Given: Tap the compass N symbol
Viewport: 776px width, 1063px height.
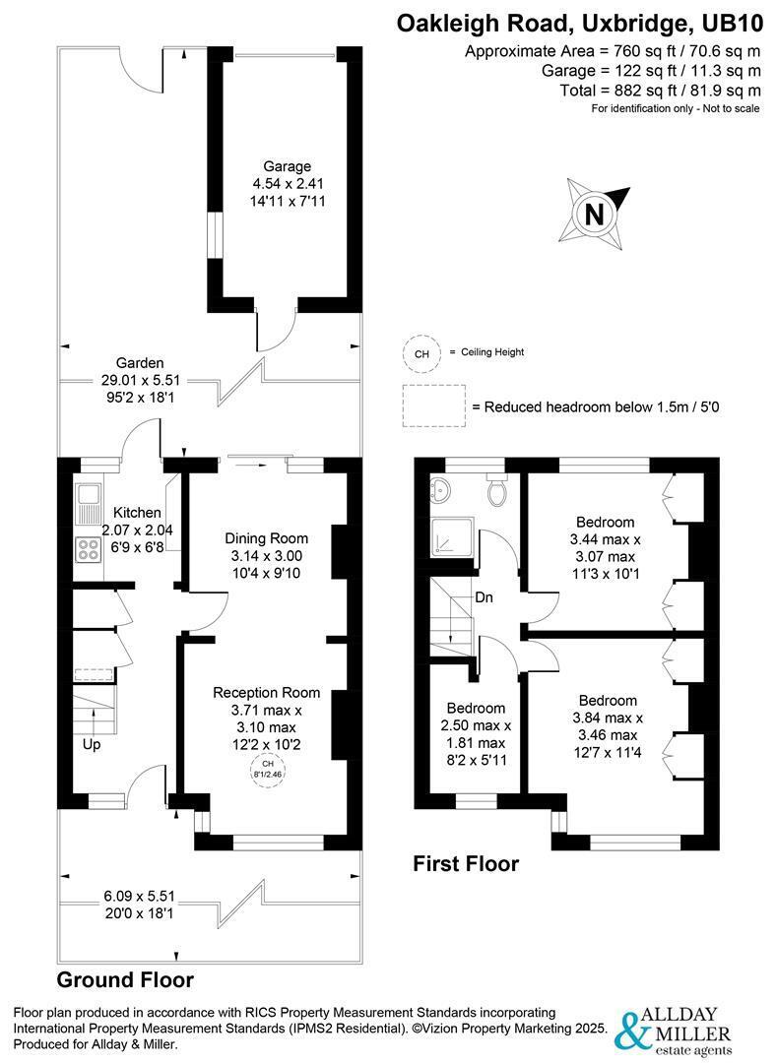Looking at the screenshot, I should coord(594,214).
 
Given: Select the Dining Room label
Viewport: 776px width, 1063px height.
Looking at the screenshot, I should coord(266,538).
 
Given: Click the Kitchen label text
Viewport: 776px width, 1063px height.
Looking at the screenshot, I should coord(137,513).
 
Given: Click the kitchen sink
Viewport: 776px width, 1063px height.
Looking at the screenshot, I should coord(88,503).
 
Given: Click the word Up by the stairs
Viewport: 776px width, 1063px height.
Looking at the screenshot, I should coord(91,745).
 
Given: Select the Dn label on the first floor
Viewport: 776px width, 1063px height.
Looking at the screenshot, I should coord(484,597).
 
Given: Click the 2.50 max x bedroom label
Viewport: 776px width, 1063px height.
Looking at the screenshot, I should coord(477,725).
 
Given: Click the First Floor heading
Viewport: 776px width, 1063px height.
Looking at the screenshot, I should coord(466,864).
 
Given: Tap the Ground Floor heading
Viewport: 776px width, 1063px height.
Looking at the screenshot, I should coord(125,979).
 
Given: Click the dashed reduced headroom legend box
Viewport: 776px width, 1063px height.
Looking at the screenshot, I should coord(432,406).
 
